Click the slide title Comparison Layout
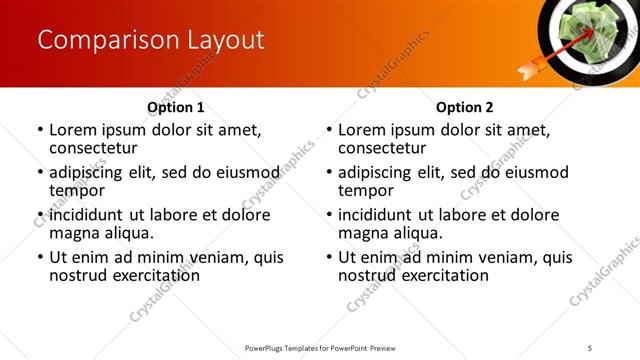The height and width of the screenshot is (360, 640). [x=151, y=40]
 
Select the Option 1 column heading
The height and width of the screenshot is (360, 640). [x=176, y=107]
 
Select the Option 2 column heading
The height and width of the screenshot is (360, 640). [x=465, y=107]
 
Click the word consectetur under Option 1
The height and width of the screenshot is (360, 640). [x=93, y=148]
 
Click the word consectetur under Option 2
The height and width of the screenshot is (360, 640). [x=382, y=148]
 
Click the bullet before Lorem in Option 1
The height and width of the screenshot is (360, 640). [x=40, y=131]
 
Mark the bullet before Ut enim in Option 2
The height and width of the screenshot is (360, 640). [x=329, y=258]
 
